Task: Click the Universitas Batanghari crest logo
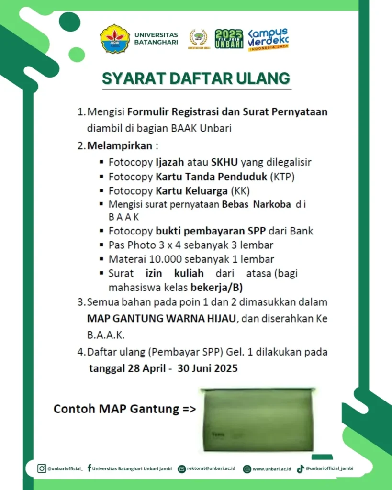coord(115,39)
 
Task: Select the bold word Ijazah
coord(170,162)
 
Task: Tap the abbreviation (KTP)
coord(282,177)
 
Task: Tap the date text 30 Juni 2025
coord(208,368)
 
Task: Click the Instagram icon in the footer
coord(42,469)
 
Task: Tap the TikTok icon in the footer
coord(300,469)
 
